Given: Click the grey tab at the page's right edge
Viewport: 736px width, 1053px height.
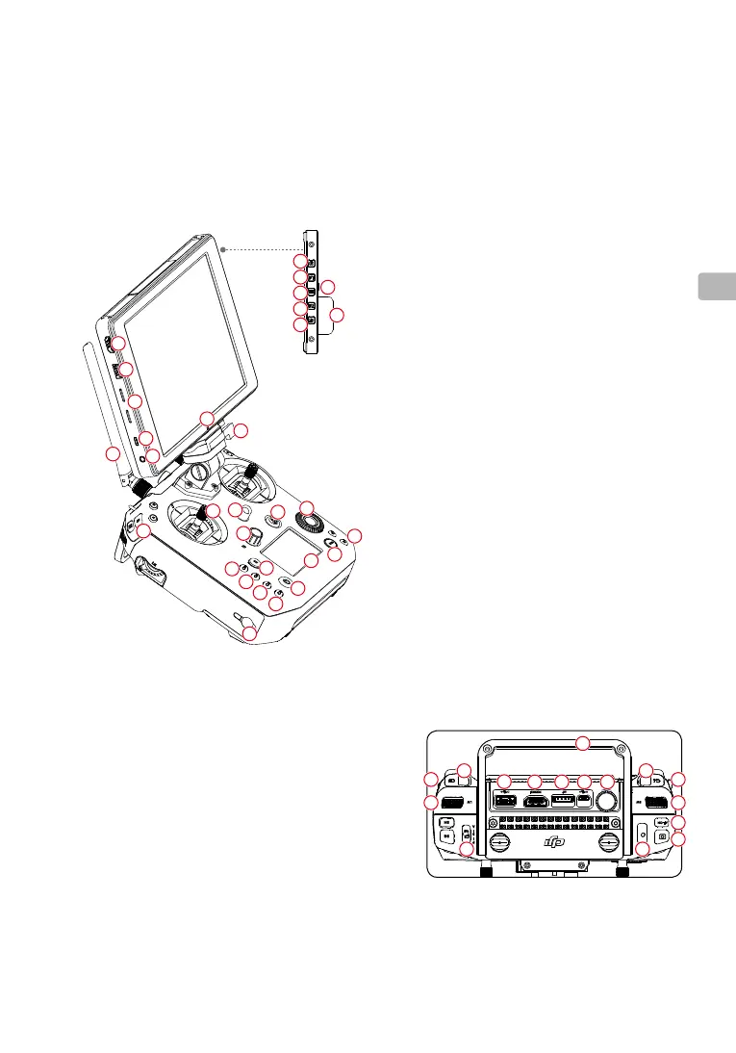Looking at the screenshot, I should pos(715,286).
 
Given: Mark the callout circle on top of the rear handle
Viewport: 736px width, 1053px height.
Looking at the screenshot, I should pos(582,741).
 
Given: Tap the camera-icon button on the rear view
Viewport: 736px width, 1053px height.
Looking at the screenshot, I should pos(662,837).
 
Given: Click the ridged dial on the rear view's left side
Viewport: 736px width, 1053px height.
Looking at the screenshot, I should pos(452,801).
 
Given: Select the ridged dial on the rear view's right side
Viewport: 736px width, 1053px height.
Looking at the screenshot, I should pos(657,801).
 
